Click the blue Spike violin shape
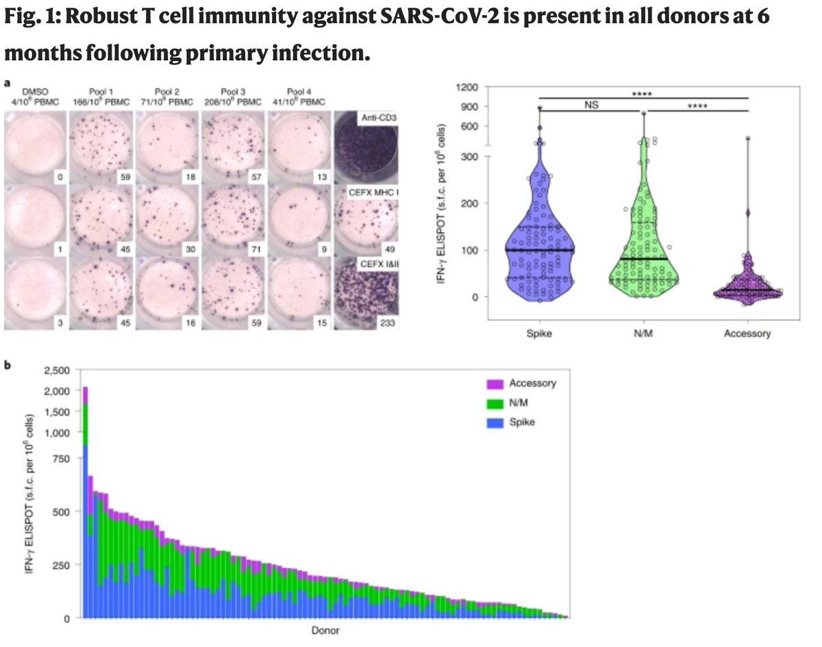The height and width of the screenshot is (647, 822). click(x=540, y=233)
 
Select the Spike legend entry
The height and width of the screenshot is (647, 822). click(x=522, y=422)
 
